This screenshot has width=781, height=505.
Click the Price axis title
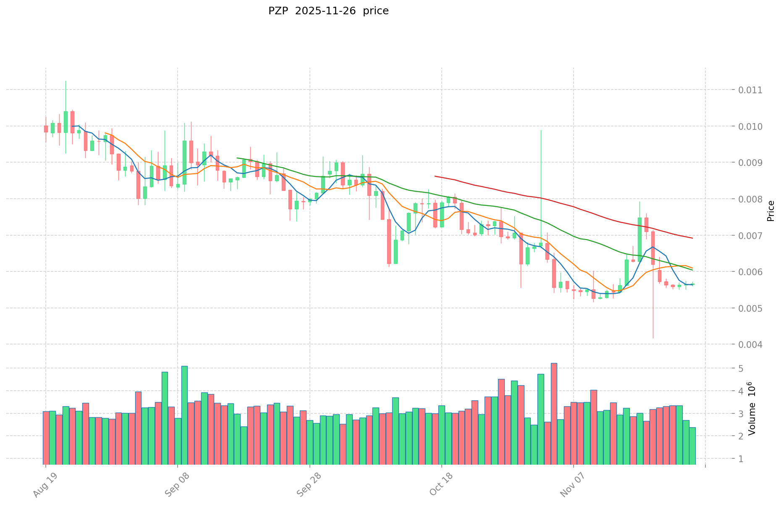(x=770, y=210)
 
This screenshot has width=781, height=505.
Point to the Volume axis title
(x=752, y=409)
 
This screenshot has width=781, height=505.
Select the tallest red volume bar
(x=554, y=413)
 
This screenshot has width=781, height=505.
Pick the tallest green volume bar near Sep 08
(x=184, y=415)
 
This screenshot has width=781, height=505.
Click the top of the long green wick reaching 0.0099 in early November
(x=541, y=130)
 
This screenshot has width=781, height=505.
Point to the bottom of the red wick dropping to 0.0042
(x=653, y=338)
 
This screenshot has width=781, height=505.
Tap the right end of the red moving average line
(x=692, y=238)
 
